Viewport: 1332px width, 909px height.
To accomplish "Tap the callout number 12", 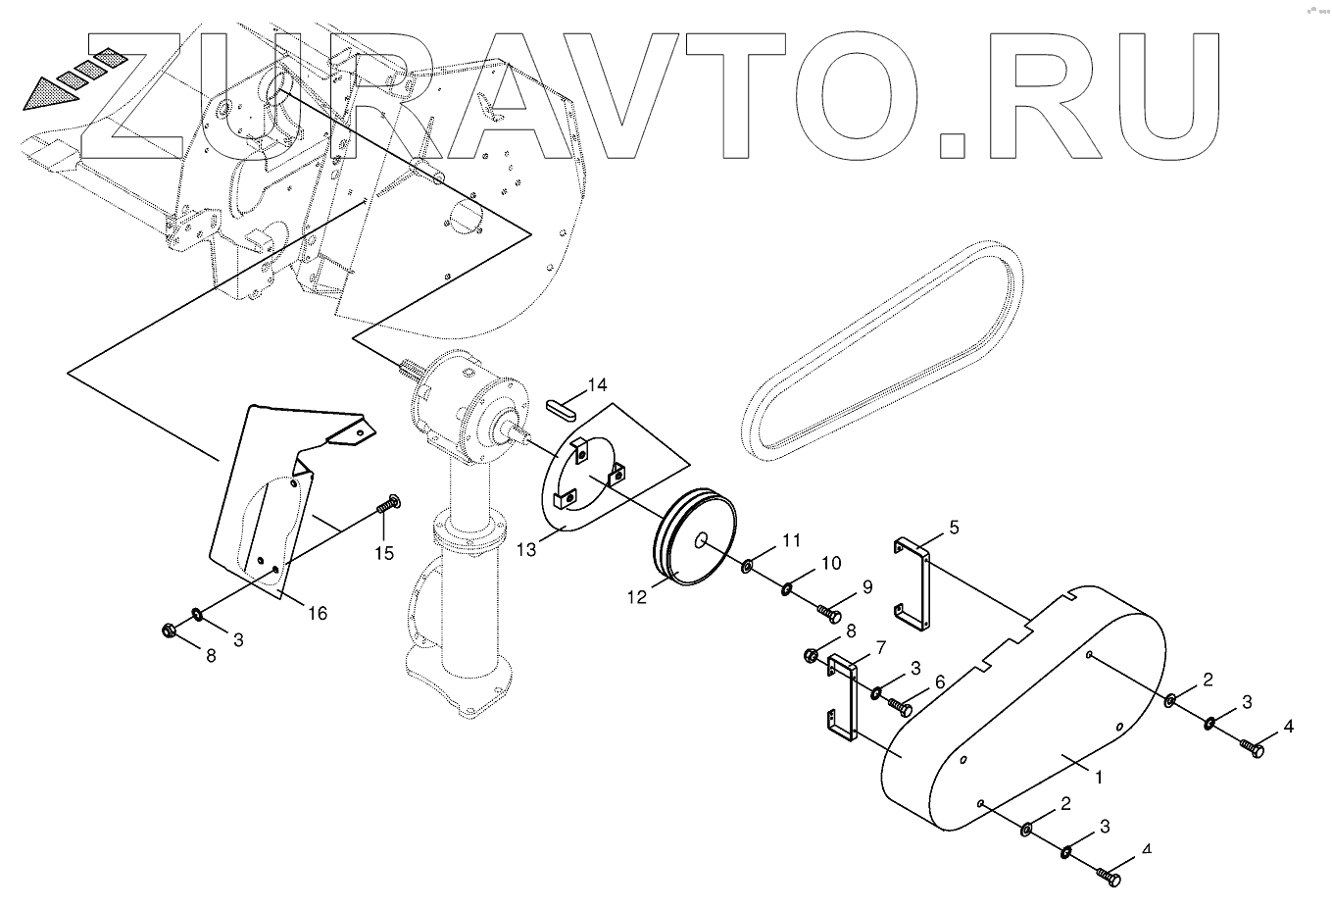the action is click(x=637, y=595).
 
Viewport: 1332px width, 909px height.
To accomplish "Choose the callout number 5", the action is click(x=953, y=527).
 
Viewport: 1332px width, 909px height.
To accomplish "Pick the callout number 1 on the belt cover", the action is click(x=1099, y=777).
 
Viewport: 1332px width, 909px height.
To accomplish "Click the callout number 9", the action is click(x=867, y=588).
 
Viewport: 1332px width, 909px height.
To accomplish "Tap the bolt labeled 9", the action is click(x=829, y=613).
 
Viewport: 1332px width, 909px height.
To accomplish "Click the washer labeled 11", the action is click(x=747, y=565).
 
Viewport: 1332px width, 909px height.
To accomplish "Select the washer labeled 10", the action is click(x=787, y=588).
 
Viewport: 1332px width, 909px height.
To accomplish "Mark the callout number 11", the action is click(x=791, y=540).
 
